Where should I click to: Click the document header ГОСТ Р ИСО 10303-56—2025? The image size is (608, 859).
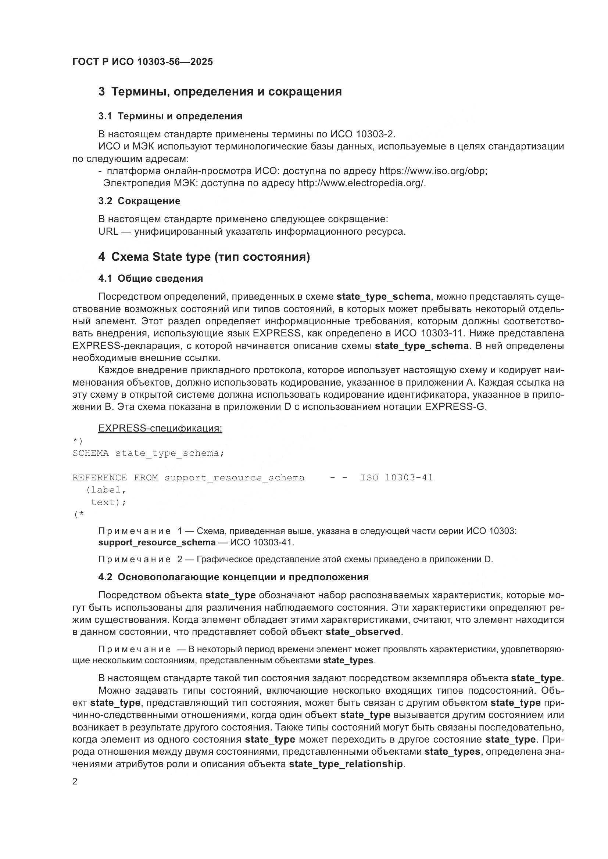click(x=142, y=62)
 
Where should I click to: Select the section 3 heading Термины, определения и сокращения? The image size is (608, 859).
click(x=220, y=92)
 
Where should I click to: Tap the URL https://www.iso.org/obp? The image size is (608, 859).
click(x=433, y=172)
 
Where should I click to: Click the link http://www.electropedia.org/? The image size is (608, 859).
click(x=361, y=183)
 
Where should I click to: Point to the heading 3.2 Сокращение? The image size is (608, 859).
click(x=139, y=201)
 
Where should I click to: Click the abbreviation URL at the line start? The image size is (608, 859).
click(x=108, y=232)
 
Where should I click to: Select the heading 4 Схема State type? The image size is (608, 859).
click(x=204, y=257)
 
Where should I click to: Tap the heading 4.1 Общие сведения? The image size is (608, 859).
click(x=150, y=278)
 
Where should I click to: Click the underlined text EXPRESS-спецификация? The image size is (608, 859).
click(x=160, y=428)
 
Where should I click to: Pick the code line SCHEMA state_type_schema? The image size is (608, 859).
click(x=148, y=454)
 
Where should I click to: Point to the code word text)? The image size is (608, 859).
click(x=108, y=502)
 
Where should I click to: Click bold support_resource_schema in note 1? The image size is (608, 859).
click(x=157, y=542)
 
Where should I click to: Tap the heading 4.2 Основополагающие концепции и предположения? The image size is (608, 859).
click(x=233, y=577)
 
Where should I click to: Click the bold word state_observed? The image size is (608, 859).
click(x=363, y=632)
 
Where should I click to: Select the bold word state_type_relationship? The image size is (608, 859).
click(x=346, y=764)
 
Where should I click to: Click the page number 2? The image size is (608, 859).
click(x=75, y=782)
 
